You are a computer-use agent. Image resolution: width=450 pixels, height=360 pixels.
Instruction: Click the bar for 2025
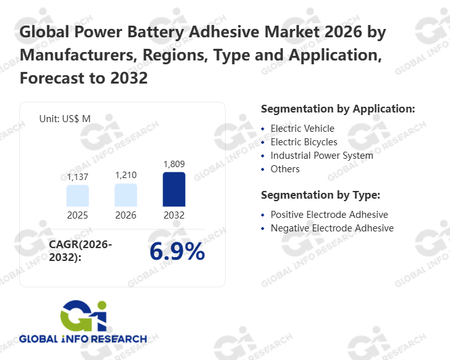pyautogui.click(x=77, y=195)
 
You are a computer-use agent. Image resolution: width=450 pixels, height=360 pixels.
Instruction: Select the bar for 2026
pyautogui.click(x=126, y=195)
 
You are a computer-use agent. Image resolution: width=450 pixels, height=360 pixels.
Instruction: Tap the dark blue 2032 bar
pyautogui.click(x=174, y=189)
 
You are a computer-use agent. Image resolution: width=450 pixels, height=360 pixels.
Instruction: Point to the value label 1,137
pyautogui.click(x=77, y=177)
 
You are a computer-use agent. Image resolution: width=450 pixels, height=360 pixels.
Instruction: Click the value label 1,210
pyautogui.click(x=126, y=175)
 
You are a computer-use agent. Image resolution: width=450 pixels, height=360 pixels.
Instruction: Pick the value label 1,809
pyautogui.click(x=174, y=164)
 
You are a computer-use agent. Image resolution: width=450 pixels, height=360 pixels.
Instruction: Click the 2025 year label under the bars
pyautogui.click(x=77, y=215)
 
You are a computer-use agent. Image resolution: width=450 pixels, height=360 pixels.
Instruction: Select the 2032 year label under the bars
pyautogui.click(x=174, y=215)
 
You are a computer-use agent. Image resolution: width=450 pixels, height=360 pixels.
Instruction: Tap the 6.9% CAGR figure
pyautogui.click(x=177, y=252)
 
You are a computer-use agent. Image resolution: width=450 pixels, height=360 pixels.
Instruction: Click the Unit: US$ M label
pyautogui.click(x=65, y=118)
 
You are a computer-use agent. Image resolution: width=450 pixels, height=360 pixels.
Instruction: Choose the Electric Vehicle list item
pyautogui.click(x=302, y=129)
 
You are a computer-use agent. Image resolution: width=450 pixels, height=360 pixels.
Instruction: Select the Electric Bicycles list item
pyautogui.click(x=303, y=142)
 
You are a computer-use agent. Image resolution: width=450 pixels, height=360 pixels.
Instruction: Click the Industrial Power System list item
pyautogui.click(x=321, y=156)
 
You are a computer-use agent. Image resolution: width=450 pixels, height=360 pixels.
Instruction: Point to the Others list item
pyautogui.click(x=285, y=169)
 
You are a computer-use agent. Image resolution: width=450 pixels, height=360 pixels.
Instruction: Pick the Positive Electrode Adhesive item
pyautogui.click(x=329, y=215)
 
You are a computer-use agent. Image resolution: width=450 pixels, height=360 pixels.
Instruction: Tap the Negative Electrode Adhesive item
pyautogui.click(x=332, y=228)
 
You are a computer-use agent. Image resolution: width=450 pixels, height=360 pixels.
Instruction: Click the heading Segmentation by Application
pyautogui.click(x=337, y=109)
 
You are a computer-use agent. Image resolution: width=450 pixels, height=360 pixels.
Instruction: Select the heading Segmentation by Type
pyautogui.click(x=321, y=195)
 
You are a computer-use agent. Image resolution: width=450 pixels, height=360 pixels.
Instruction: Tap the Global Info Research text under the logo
pyautogui.click(x=83, y=339)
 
